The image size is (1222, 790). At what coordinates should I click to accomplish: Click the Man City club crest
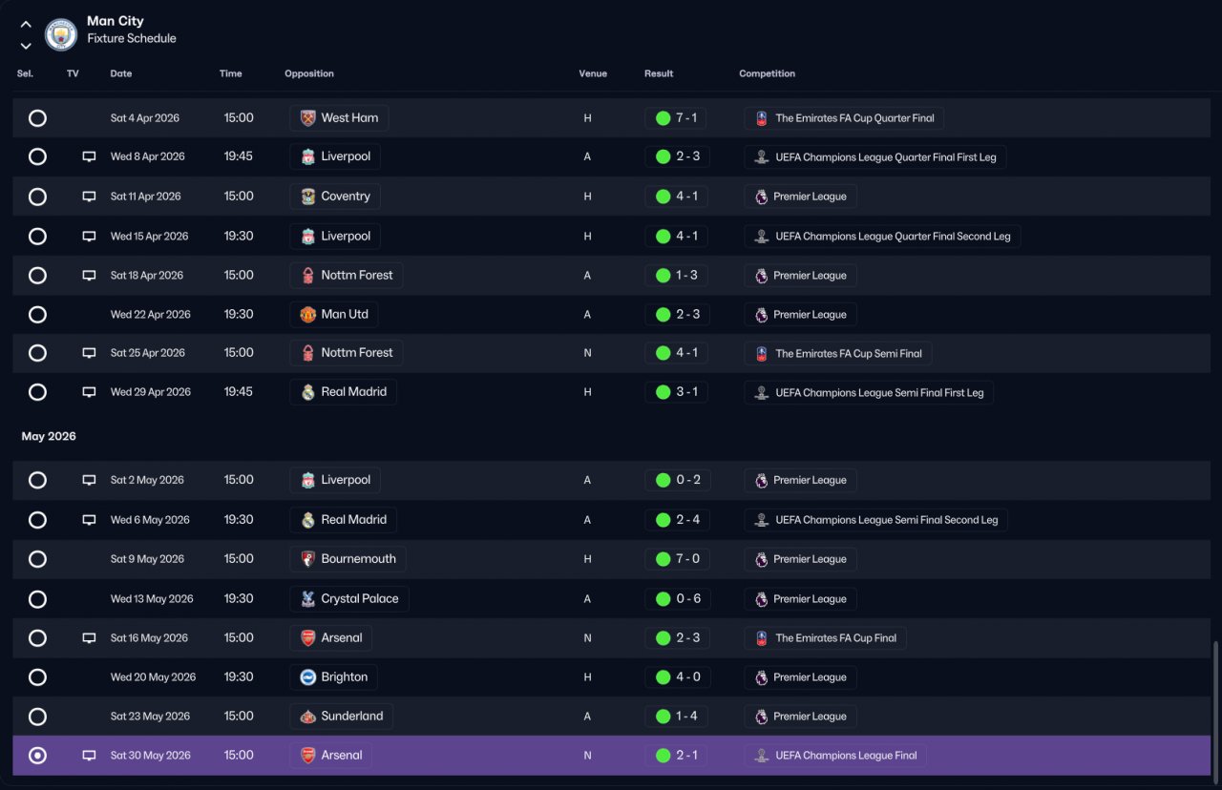(x=60, y=34)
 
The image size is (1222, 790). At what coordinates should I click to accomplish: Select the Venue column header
(x=593, y=73)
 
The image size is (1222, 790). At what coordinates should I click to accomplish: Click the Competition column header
(x=767, y=73)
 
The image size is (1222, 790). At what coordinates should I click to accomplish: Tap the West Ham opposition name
(x=349, y=117)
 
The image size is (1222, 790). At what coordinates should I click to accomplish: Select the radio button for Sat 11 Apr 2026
(x=37, y=197)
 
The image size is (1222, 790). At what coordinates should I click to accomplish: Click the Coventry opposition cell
(x=335, y=197)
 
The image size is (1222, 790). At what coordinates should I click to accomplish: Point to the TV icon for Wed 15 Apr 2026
(x=89, y=236)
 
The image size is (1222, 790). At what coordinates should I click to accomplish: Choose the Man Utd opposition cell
(x=334, y=315)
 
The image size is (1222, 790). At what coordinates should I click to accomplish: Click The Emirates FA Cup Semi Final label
(x=849, y=353)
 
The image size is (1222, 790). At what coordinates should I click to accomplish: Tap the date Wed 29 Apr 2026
(x=151, y=392)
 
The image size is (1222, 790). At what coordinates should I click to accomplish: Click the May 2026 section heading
(x=49, y=436)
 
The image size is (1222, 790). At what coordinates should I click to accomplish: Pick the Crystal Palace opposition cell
(x=349, y=598)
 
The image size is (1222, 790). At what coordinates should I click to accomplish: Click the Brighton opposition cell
(x=333, y=677)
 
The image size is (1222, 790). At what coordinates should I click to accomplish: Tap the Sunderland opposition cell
(x=342, y=717)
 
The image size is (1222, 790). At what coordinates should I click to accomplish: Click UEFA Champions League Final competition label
(x=846, y=756)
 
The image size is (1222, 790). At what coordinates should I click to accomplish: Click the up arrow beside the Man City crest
(x=26, y=25)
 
